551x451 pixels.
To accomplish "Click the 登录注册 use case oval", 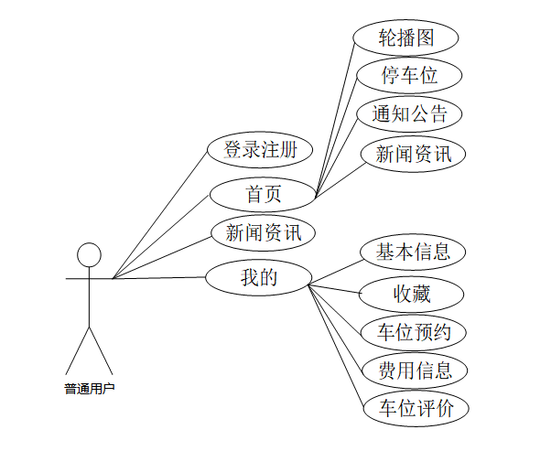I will coord(260,149).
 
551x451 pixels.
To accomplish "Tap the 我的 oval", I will coord(258,277).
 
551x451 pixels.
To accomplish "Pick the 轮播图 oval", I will coord(405,38).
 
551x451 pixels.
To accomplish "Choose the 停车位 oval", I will coord(409,75).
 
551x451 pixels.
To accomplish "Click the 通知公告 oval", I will coord(409,114).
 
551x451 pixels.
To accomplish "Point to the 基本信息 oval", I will coord(413,252).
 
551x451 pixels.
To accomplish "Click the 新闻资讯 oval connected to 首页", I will coord(414,154).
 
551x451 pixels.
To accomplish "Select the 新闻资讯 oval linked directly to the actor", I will coord(263,232).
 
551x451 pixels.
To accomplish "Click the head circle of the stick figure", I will coord(88,254).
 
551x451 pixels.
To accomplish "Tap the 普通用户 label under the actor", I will coord(89,388).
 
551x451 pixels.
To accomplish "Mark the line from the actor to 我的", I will coord(160,277).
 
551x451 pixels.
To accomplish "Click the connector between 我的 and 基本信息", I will coord(336,273).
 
